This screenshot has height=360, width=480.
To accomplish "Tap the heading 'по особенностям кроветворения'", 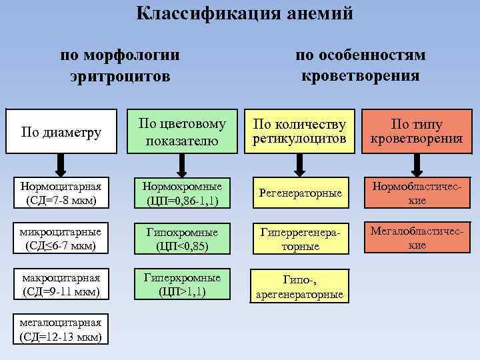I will pyautogui.click(x=360, y=65).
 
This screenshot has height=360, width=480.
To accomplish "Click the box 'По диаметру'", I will pyautogui.click(x=61, y=132).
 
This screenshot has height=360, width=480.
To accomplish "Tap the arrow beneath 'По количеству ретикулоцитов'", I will pyautogui.click(x=300, y=163).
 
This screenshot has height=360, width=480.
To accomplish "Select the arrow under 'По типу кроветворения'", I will pyautogui.click(x=417, y=163).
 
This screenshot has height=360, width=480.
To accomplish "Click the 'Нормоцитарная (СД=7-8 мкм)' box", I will pyautogui.click(x=61, y=192).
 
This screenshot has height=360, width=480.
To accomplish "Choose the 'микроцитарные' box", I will pyautogui.click(x=61, y=239).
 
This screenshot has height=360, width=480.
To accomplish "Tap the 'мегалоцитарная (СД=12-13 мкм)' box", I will pyautogui.click(x=61, y=329).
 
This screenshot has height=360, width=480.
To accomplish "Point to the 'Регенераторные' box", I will pyautogui.click(x=300, y=192).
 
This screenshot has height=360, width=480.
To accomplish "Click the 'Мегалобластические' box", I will pyautogui.click(x=417, y=237).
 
